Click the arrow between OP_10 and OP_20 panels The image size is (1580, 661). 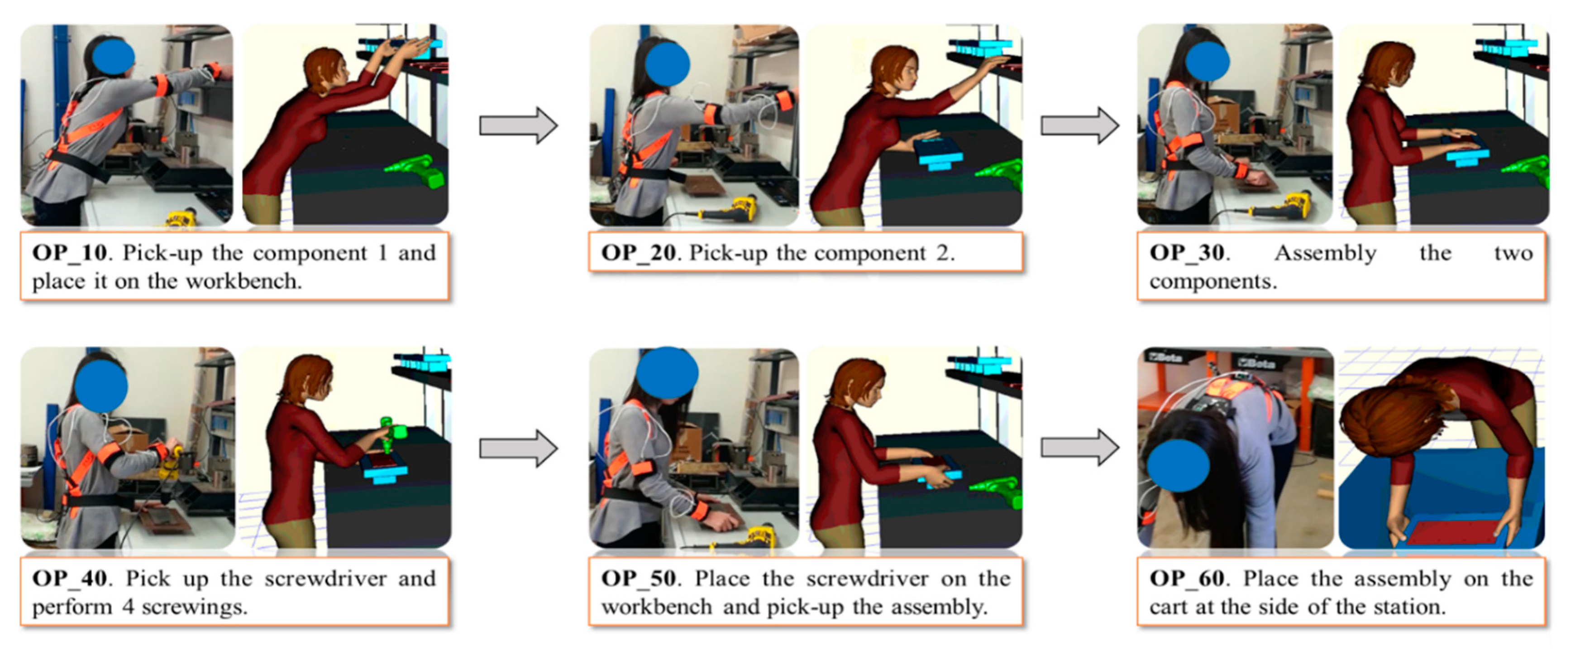coord(518,126)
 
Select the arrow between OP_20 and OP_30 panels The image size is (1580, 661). coord(1079,126)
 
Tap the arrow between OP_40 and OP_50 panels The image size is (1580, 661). coord(518,449)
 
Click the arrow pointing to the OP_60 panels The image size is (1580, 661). coord(1079,448)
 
